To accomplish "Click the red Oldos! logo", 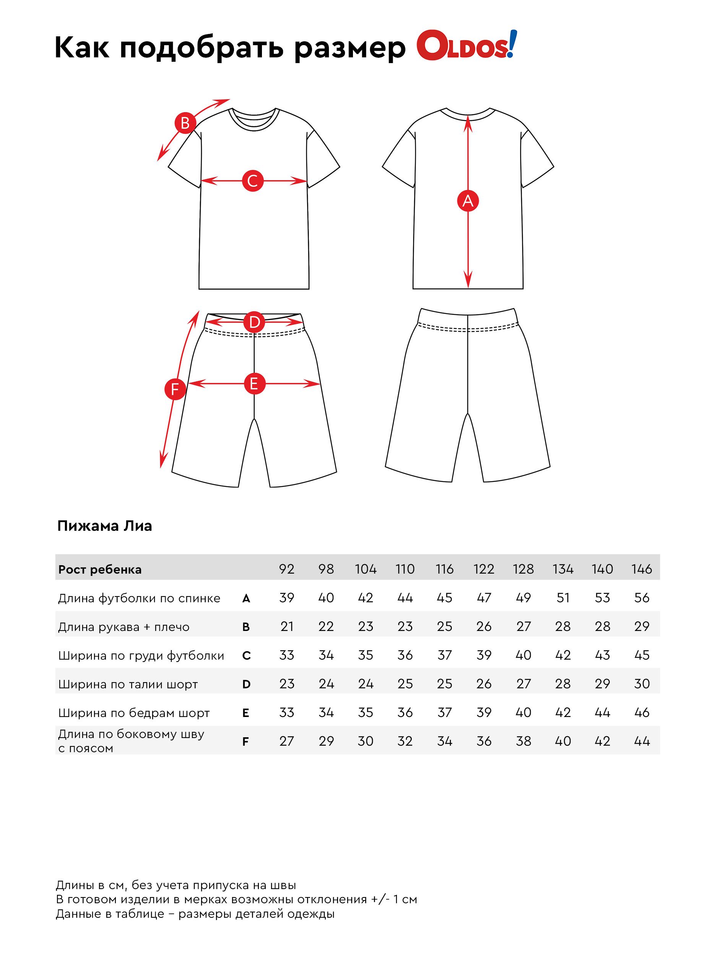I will click(466, 46).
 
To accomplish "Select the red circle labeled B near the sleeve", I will click(185, 123).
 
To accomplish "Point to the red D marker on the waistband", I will click(254, 322).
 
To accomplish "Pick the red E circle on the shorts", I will click(254, 383).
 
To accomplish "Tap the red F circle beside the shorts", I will click(175, 389).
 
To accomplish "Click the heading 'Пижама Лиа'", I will click(105, 526).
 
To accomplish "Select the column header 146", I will click(641, 569).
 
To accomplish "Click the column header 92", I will click(286, 569).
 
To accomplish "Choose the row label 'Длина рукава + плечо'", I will click(124, 627).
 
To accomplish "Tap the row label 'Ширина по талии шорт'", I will click(128, 684).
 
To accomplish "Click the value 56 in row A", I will click(641, 598).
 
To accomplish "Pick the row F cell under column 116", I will click(444, 741).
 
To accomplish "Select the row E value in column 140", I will click(602, 713).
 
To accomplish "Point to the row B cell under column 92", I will click(286, 627).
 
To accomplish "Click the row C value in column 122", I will click(484, 655).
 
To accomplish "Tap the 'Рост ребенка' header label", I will click(100, 570).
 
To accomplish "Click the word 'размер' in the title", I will click(350, 49).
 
